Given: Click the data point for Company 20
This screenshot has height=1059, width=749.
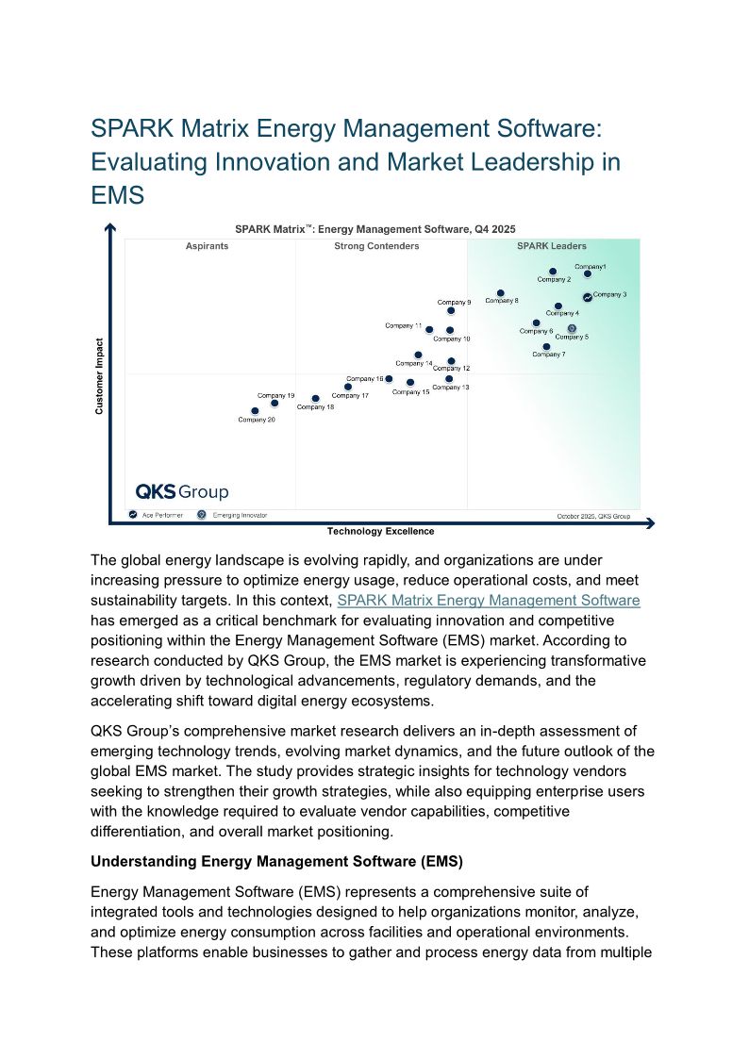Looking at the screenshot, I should pos(255,411).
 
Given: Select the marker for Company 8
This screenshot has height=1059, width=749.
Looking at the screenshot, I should pos(500,293).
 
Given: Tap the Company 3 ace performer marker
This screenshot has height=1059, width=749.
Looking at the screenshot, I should pos(587,297).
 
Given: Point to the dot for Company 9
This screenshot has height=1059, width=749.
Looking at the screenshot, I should pos(451,310).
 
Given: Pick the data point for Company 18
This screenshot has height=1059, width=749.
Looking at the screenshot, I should pos(315,399).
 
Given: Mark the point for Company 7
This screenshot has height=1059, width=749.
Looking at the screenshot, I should pos(546,347).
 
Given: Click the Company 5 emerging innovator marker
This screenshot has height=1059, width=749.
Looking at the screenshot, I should pos(572,328).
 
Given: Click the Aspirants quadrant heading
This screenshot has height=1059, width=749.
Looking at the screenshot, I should pos(207,246).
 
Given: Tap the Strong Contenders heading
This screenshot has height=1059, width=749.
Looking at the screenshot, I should pos(376,246).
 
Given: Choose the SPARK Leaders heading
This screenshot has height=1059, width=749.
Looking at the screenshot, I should pos(551,246).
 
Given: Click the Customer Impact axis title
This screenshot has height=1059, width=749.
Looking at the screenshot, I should pos(99,376).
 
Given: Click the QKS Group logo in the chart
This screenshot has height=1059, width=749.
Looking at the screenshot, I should pos(181,491).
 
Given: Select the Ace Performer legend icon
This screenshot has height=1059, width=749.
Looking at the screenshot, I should pos(133,515).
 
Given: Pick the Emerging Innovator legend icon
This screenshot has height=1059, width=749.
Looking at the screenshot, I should pos(201,515).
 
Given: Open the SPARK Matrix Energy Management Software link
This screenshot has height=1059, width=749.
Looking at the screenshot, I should pos(488,600).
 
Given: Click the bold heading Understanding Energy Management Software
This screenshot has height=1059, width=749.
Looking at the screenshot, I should pos(277,861).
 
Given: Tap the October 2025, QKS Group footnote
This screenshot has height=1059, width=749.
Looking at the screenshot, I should pos(592,516).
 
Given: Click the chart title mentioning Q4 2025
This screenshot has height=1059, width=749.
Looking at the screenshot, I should pos(374,228).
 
